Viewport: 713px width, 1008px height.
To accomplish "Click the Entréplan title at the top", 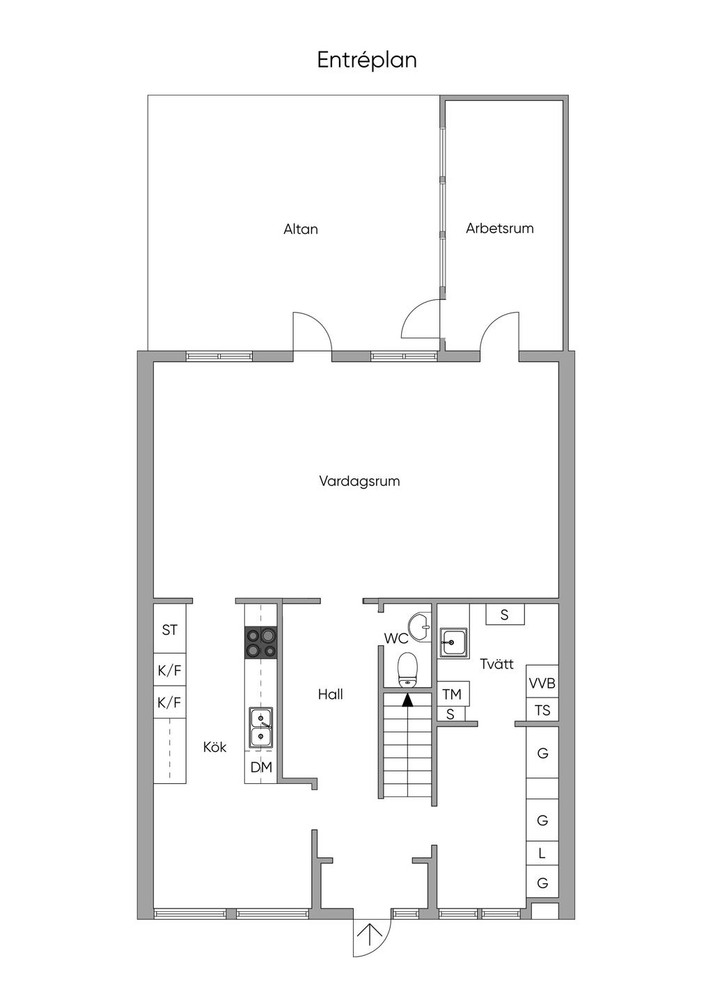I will pos(367,61).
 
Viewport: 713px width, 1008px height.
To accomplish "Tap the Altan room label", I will pos(301,229).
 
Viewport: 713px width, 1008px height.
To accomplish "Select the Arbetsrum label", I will pos(499,228).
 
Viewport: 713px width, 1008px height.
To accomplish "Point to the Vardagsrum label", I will pos(359,481).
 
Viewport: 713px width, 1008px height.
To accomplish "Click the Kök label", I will pos(214,747).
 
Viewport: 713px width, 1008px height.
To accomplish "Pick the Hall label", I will pos(330,694).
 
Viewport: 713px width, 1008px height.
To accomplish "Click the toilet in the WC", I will pos(407,670).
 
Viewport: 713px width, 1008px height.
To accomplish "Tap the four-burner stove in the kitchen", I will pos(260,643).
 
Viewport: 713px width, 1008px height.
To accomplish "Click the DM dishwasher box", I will pos(261,767).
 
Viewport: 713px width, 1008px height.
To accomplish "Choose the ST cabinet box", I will pos(170,630).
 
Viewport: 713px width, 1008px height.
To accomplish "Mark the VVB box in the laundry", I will pos(542,684).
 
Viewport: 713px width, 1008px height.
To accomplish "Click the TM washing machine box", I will pos(452,694).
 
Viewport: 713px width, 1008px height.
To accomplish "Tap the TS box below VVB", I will pos(542,711).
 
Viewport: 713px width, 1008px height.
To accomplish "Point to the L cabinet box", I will pos(542,853).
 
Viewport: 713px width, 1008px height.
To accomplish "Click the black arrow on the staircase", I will pos(407,700).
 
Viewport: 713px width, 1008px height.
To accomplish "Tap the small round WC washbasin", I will pos(420,627).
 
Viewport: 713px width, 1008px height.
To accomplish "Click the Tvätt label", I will pos(496,664).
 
